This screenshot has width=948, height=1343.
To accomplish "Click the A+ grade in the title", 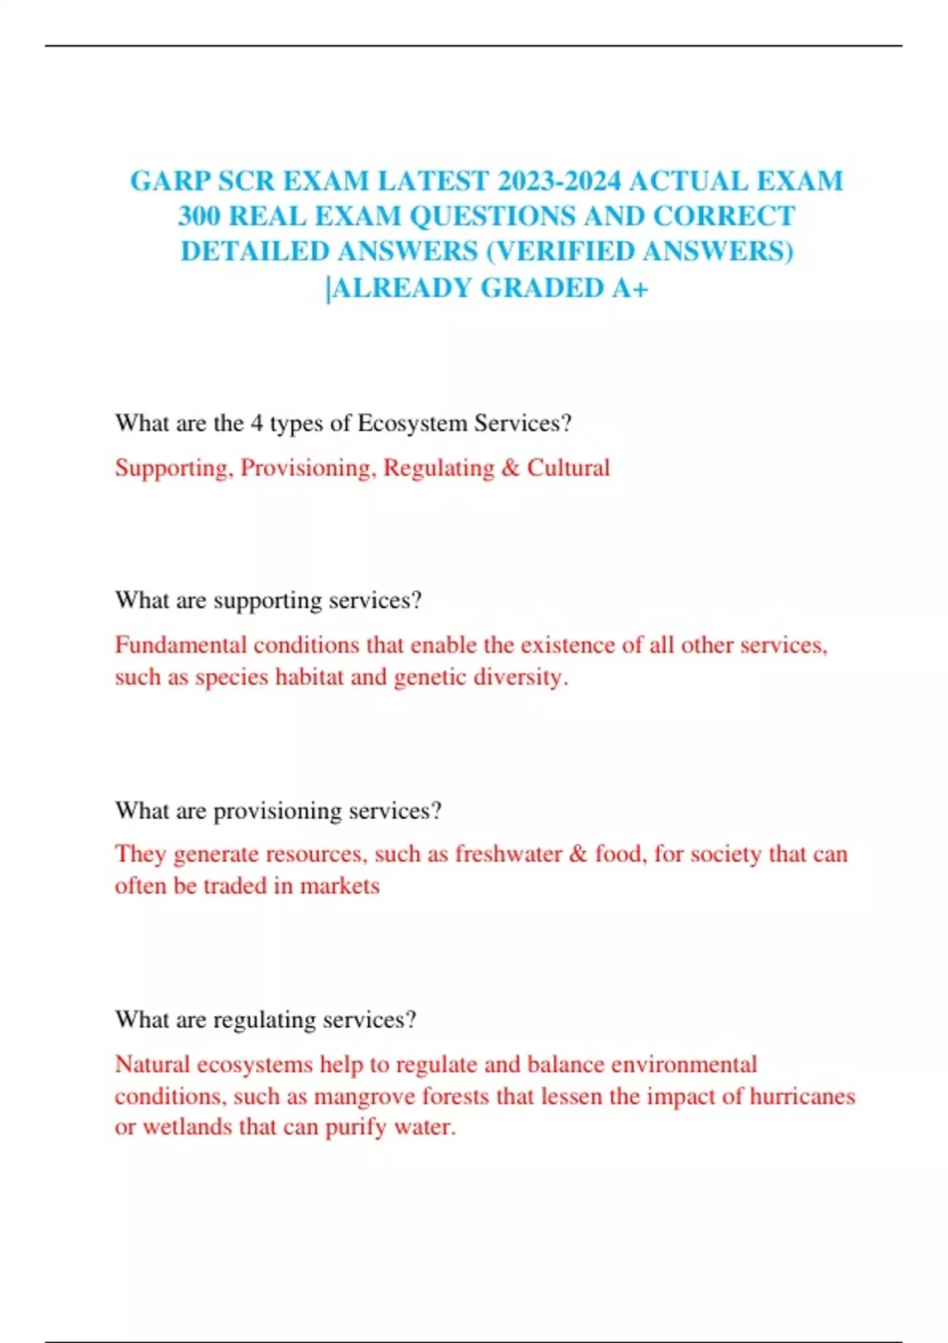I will (630, 288).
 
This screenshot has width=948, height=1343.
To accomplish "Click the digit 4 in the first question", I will (256, 423).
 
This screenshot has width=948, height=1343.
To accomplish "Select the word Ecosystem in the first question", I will (412, 423).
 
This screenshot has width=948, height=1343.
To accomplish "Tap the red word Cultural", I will (568, 468).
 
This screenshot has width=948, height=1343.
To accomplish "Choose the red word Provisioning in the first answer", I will (306, 468).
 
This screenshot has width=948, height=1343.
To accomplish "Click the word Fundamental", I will (181, 645).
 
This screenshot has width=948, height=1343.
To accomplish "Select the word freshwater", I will (508, 854).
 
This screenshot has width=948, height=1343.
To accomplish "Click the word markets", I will (340, 886).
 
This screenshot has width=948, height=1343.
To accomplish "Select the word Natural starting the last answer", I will (152, 1064).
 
